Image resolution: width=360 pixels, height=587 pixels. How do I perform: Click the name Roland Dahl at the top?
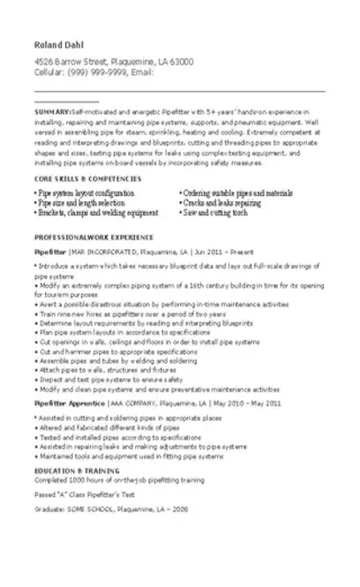[58, 44]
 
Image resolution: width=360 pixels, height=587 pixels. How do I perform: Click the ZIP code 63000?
[181, 62]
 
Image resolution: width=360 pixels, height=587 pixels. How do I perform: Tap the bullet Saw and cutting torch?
[215, 212]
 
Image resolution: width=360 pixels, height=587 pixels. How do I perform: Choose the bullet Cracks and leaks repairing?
[223, 202]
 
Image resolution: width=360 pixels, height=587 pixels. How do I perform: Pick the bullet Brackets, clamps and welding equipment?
[96, 212]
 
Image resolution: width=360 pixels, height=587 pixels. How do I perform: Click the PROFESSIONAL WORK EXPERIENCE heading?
[94, 237]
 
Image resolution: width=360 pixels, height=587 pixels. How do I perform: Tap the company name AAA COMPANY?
[133, 403]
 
